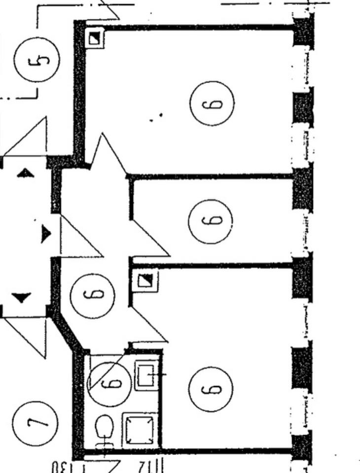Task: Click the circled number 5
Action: (36, 60)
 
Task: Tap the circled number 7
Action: (36, 423)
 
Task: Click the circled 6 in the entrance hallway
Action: (93, 295)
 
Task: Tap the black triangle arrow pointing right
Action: (45, 234)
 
